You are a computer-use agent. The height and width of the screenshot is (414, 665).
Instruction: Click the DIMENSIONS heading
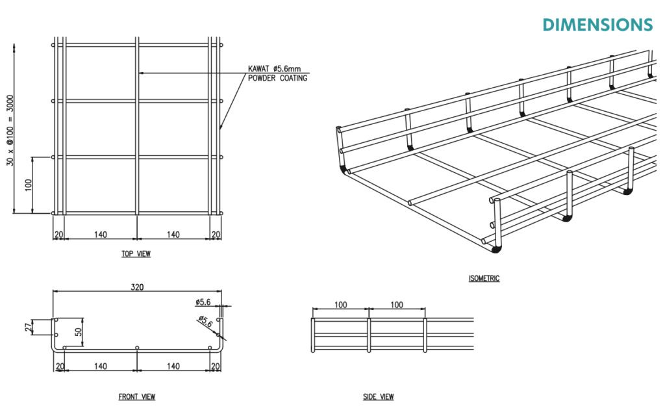597,25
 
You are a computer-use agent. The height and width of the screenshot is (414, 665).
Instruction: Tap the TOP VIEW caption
136,254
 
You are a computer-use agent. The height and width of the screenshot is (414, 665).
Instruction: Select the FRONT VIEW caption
137,396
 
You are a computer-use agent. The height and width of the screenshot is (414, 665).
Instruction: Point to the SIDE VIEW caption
379,396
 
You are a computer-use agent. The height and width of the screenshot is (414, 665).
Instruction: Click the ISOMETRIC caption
484,279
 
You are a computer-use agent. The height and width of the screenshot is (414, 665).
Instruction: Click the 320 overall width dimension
137,287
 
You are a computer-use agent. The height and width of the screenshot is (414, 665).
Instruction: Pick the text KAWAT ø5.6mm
275,69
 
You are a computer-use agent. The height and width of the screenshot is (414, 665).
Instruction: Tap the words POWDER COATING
278,78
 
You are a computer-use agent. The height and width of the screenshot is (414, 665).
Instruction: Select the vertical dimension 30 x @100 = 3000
10,131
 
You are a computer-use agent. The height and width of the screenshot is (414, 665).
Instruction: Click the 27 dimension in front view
29,328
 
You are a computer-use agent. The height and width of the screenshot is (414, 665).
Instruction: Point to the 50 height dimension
79,331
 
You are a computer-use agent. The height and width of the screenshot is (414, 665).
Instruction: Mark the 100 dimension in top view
29,185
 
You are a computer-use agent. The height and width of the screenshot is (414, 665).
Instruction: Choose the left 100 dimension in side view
340,305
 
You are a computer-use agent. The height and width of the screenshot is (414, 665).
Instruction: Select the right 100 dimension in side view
397,305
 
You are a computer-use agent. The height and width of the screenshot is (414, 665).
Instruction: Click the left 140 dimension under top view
101,235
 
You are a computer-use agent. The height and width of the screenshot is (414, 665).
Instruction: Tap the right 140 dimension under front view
173,366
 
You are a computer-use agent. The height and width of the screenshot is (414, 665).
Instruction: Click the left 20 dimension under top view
59,235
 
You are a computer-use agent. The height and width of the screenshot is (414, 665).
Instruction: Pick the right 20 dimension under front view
216,366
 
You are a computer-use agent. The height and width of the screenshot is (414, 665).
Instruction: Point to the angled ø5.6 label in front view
206,322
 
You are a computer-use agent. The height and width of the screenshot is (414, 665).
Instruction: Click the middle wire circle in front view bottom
137,348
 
